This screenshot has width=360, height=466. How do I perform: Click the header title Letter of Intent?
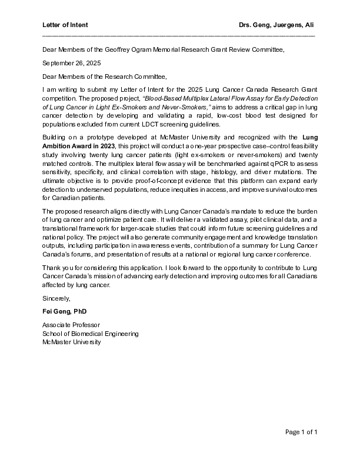click(x=65, y=25)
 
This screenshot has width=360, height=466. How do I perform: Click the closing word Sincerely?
click(x=56, y=298)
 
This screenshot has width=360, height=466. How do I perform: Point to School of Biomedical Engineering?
click(x=91, y=334)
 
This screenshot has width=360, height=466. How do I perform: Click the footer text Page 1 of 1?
click(x=301, y=432)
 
